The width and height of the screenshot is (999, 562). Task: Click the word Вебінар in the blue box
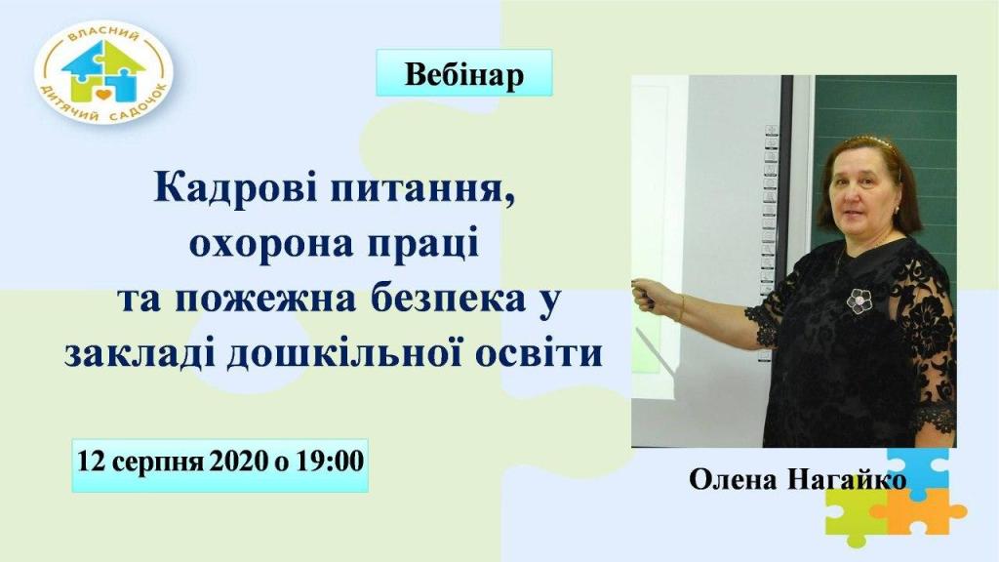pyautogui.click(x=463, y=74)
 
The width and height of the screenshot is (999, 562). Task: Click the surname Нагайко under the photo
pyautogui.click(x=848, y=480)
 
